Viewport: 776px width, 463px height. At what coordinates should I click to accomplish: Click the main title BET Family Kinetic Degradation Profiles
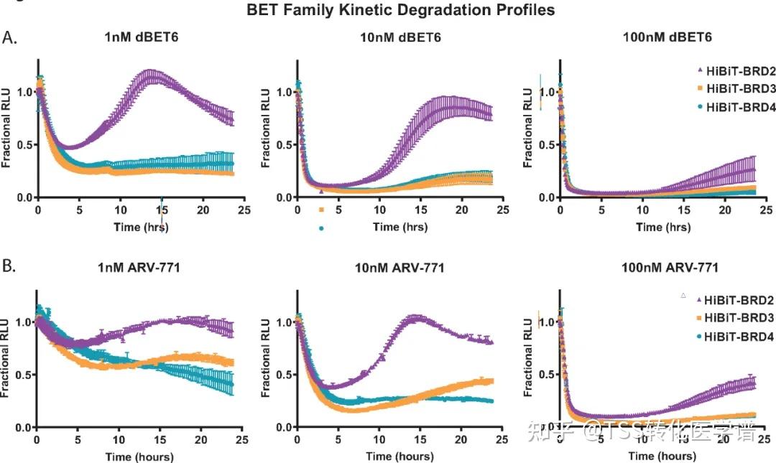tap(400, 11)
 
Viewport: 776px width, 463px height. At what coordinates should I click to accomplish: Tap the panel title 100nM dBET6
tap(660, 37)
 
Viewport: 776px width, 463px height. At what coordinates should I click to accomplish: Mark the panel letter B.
tap(9, 267)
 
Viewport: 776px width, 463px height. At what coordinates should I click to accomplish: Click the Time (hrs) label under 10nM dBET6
tap(399, 227)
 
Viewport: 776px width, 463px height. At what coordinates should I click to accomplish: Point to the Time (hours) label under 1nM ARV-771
tap(139, 456)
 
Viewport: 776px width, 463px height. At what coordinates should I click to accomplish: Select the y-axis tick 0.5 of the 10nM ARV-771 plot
tap(280, 375)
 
